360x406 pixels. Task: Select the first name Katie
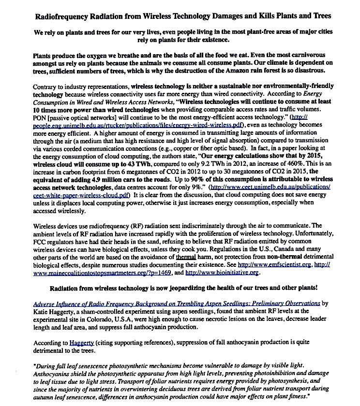point(42,312)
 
